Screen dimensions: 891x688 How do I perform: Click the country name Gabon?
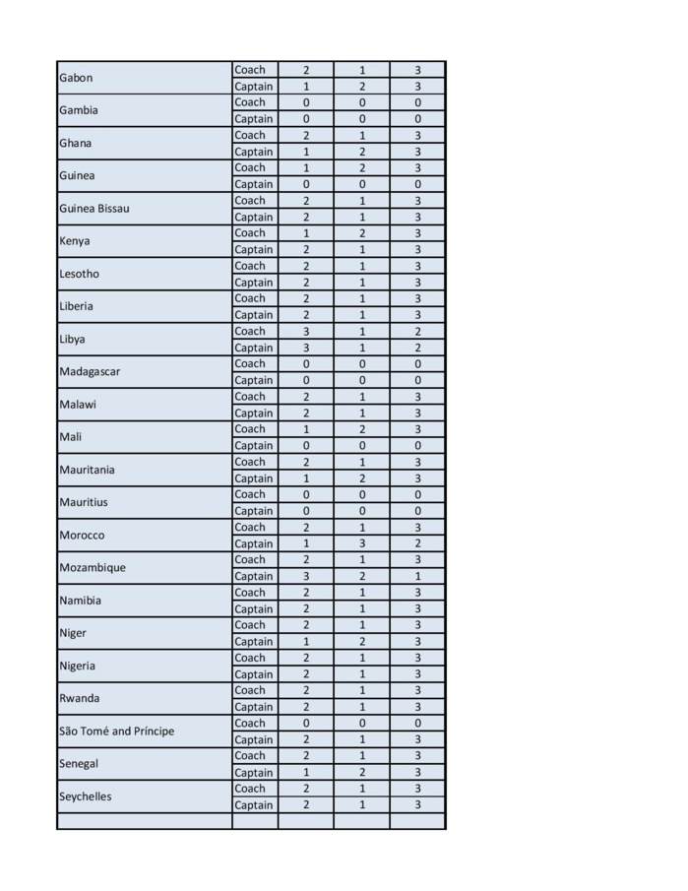pyautogui.click(x=75, y=78)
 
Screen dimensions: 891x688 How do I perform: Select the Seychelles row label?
pyautogui.click(x=86, y=796)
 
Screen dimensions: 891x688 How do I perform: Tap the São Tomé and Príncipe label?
pyautogui.click(x=116, y=732)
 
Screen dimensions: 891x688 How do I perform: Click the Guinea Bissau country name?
pyautogui.click(x=94, y=209)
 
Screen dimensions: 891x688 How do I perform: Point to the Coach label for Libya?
pyautogui.click(x=250, y=332)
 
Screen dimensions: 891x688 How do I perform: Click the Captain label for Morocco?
pyautogui.click(x=254, y=543)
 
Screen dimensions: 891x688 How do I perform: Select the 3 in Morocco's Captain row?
pyautogui.click(x=362, y=543)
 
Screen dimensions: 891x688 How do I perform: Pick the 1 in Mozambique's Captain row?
pyautogui.click(x=417, y=576)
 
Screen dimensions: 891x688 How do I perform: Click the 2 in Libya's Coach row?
pyautogui.click(x=417, y=332)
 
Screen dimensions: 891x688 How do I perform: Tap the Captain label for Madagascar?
pyautogui.click(x=254, y=380)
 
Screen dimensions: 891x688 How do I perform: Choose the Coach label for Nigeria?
pyautogui.click(x=250, y=658)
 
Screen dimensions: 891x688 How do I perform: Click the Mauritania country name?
pyautogui.click(x=87, y=470)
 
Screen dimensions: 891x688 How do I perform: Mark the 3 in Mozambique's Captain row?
pyautogui.click(x=306, y=576)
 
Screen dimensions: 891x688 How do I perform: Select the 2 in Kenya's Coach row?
pyautogui.click(x=362, y=233)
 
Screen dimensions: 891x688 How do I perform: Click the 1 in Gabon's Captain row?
pyautogui.click(x=306, y=87)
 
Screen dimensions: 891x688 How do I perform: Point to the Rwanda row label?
pyautogui.click(x=80, y=699)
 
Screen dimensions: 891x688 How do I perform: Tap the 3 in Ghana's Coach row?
pyautogui.click(x=417, y=136)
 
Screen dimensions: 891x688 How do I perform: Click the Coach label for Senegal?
pyautogui.click(x=250, y=756)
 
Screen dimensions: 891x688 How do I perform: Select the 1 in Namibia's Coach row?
pyautogui.click(x=362, y=593)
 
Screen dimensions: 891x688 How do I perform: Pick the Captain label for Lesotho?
pyautogui.click(x=254, y=283)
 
